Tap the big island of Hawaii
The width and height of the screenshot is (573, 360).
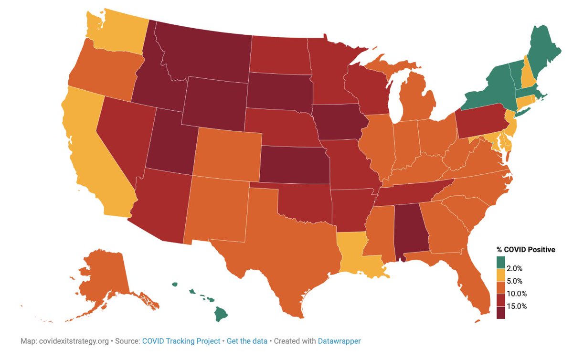pyautogui.click(x=221, y=314)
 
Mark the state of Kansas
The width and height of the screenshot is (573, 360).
pyautogui.click(x=294, y=165)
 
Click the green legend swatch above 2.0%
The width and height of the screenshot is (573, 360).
pyautogui.click(x=500, y=262)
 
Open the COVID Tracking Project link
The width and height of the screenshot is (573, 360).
pyautogui.click(x=181, y=341)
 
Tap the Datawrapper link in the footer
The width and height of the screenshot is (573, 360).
pyautogui.click(x=340, y=341)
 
